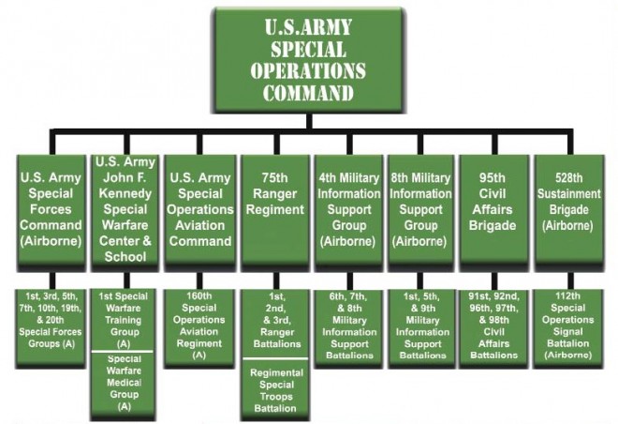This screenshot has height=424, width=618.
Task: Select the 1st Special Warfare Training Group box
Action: (x=125, y=319)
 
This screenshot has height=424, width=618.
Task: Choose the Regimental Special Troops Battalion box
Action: (x=273, y=387)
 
